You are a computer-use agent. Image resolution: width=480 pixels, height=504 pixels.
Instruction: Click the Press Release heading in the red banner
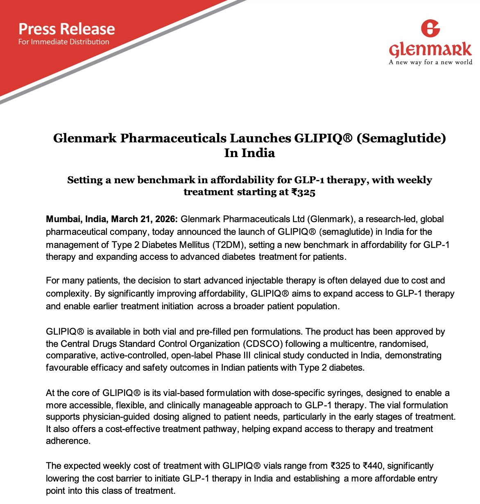click(x=67, y=29)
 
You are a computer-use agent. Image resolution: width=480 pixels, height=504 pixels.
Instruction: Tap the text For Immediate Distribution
click(x=63, y=42)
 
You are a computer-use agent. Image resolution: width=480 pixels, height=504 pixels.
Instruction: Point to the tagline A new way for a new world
click(x=430, y=62)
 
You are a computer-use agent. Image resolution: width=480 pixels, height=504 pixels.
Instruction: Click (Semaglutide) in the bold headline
click(x=401, y=138)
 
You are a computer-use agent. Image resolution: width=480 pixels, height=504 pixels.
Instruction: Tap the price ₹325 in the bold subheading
click(x=303, y=192)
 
